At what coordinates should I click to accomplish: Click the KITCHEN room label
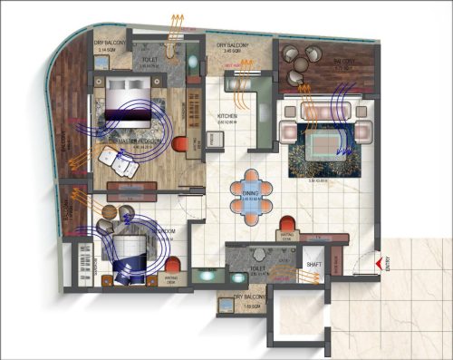click(227, 117)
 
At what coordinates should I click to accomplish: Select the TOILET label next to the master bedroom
click(151, 63)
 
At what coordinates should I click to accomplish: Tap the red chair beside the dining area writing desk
click(288, 223)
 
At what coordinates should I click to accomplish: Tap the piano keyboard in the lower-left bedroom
click(88, 260)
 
